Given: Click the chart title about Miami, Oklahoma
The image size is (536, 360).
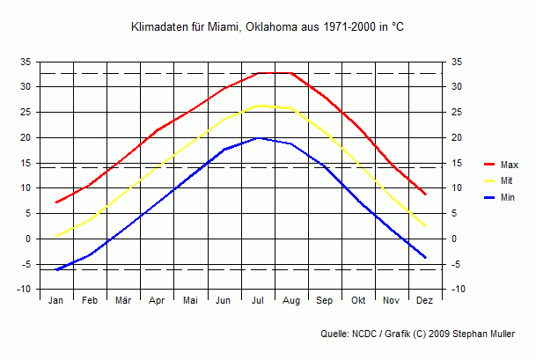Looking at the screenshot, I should [267, 28].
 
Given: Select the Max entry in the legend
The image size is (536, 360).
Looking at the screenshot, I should [509, 165].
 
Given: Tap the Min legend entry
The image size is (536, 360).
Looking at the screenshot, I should [508, 197].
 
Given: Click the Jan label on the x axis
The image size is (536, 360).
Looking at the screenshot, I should [56, 300].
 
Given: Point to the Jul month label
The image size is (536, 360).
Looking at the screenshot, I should [258, 300].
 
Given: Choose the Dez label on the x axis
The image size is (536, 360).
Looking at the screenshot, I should [424, 300].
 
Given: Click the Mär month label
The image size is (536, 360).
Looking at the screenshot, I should [123, 300].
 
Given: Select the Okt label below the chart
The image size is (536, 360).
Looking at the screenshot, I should [358, 300].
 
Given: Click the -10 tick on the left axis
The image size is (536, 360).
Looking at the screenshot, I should [25, 290].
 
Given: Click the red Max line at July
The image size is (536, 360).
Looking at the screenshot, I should [258, 73].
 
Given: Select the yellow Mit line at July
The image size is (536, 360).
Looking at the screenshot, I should [258, 106].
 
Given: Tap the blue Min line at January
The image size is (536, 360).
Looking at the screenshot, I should [56, 269].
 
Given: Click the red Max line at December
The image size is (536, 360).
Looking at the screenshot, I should [425, 194].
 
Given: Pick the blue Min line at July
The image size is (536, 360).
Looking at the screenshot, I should [258, 137].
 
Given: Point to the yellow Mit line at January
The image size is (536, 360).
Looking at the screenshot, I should [56, 236].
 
